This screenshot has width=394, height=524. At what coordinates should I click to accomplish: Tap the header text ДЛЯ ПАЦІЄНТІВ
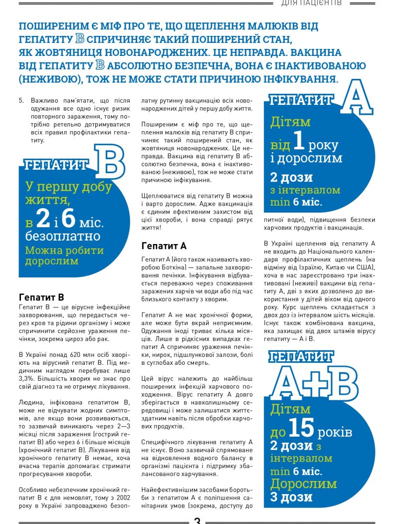[x=312, y=3]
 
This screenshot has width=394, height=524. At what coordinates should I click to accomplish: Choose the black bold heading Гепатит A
[x=164, y=246]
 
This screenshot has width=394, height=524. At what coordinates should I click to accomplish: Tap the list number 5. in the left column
[x=21, y=100]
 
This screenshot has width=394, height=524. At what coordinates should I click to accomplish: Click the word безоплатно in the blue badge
[x=63, y=236]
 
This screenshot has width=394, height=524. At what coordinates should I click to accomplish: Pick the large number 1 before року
[x=298, y=143]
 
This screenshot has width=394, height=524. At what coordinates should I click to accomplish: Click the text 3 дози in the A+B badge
[x=291, y=497]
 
